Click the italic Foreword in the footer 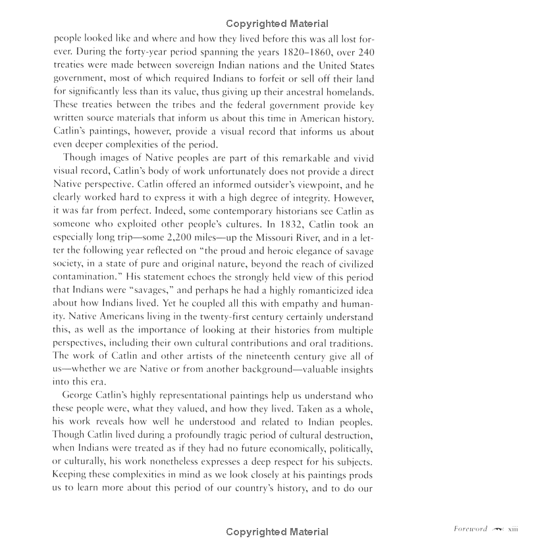click(x=470, y=529)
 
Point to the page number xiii click(x=513, y=529)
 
